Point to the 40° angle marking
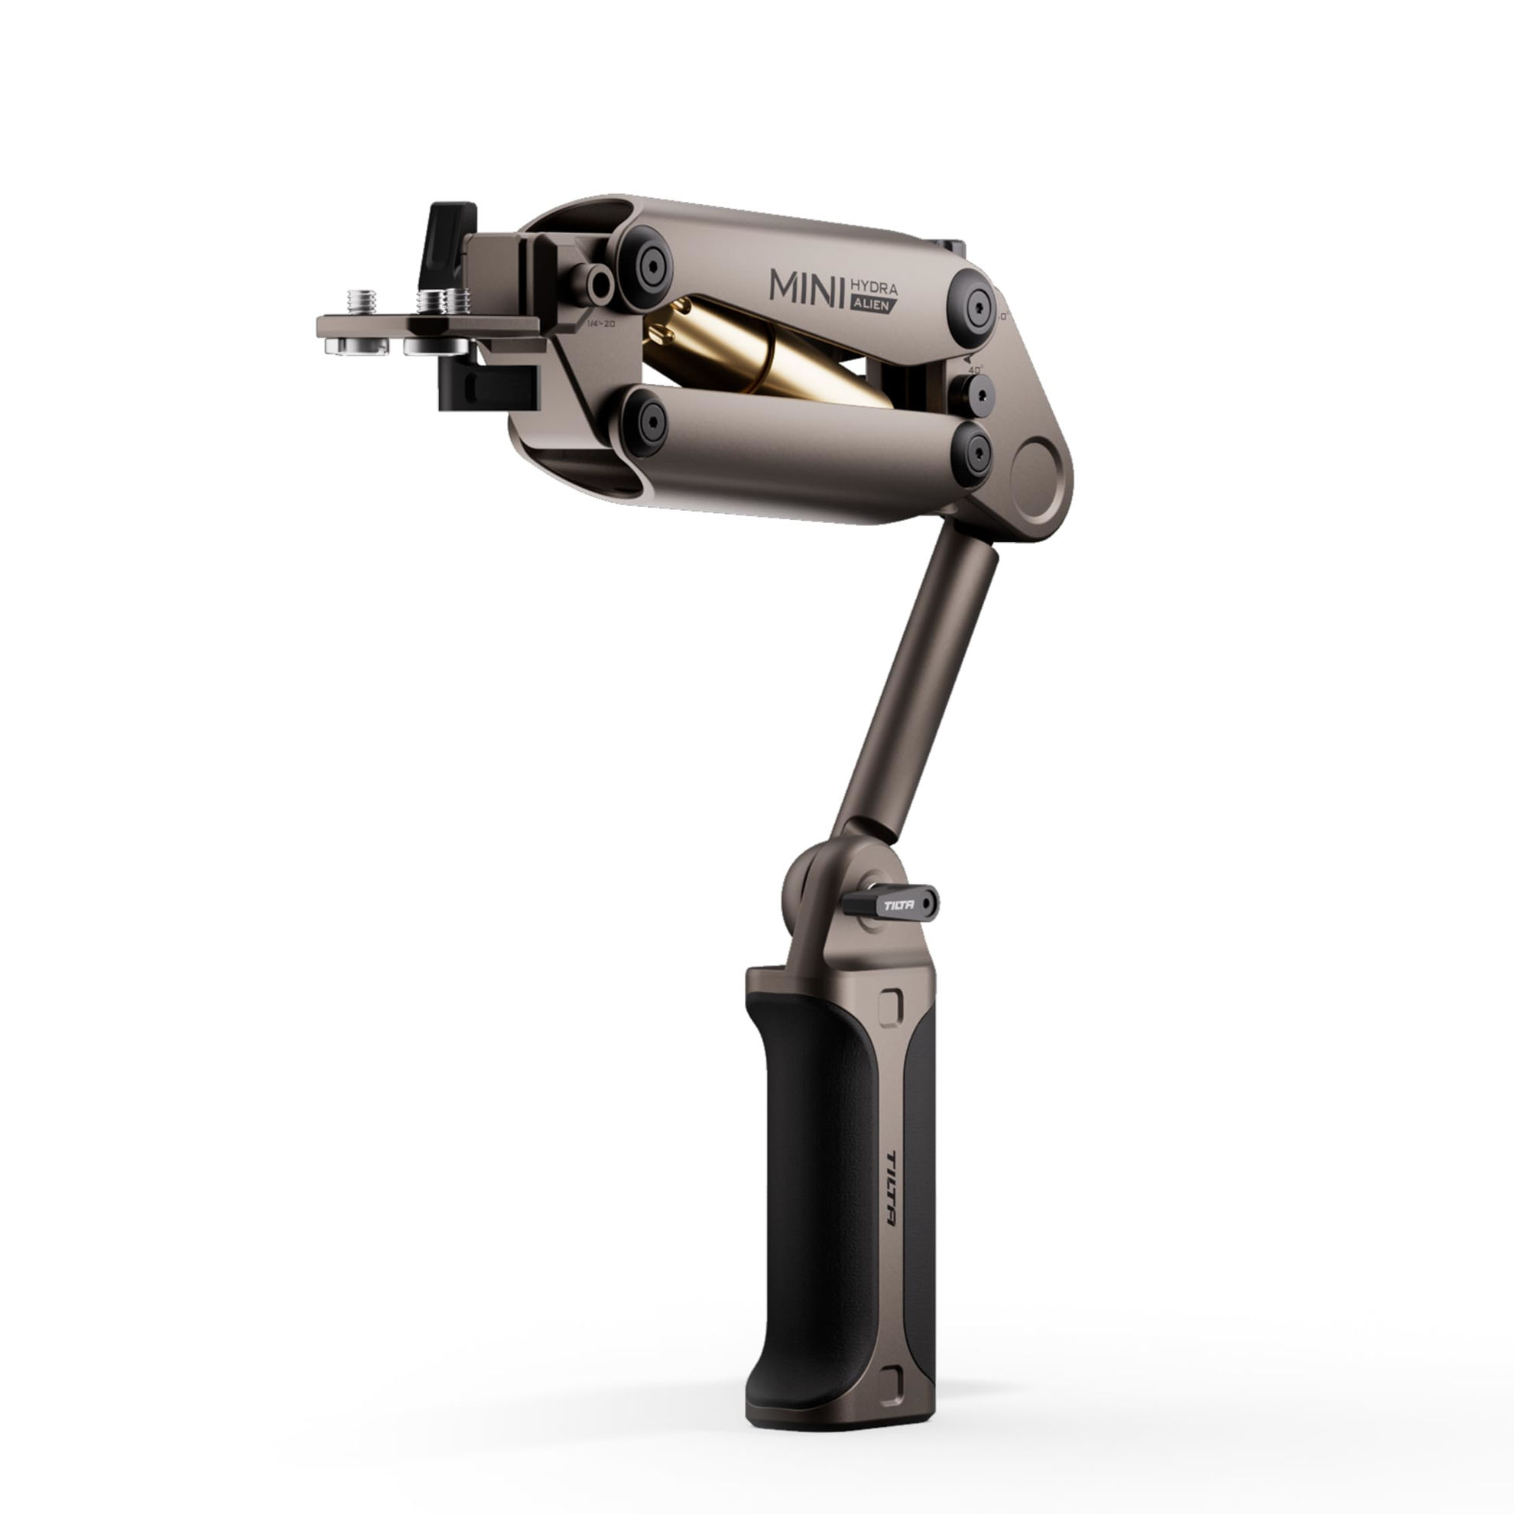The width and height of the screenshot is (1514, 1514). coord(975,369)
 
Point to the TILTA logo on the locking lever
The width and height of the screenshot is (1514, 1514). coord(898,905)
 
